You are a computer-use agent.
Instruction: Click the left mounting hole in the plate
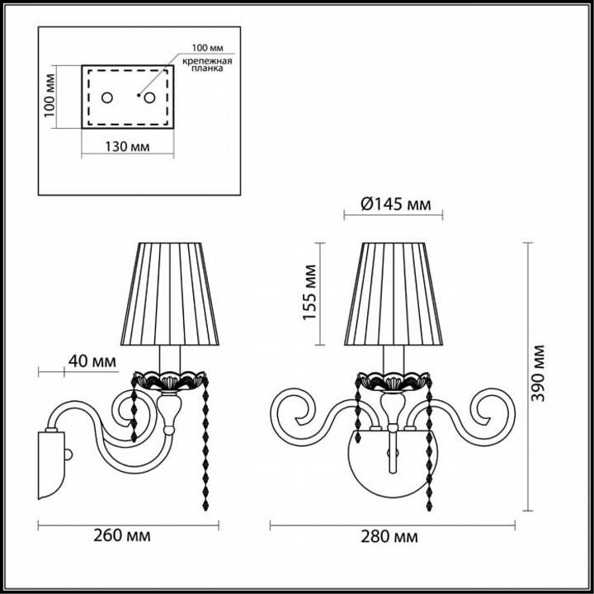pos(107,98)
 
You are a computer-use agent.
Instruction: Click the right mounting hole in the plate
pos(150,98)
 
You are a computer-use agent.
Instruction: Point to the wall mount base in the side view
pos(51,462)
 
